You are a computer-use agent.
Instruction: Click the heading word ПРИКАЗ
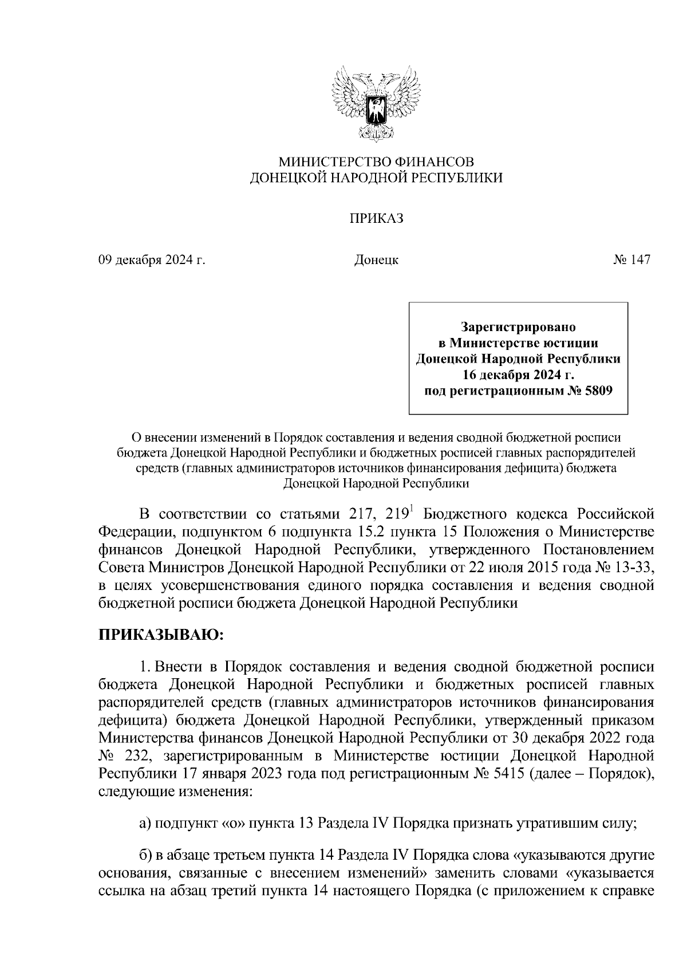click(x=377, y=219)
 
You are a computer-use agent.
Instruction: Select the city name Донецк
click(x=376, y=260)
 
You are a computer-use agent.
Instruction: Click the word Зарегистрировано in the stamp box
click(x=518, y=327)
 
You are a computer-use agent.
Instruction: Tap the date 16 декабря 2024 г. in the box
click(x=518, y=375)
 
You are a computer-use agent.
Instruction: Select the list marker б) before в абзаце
click(x=145, y=856)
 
